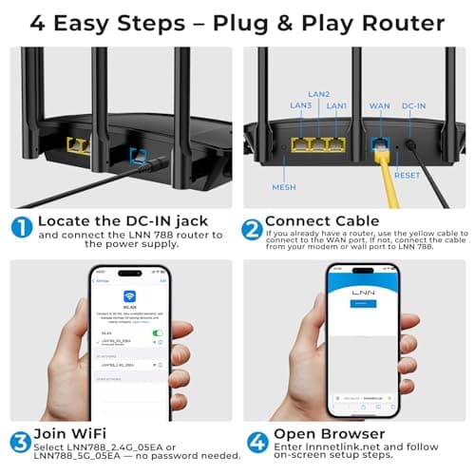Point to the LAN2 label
pos(318,94)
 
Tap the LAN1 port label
pos(336,105)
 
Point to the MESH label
pos(284,187)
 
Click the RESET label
pos(406,175)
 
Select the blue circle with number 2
pos(251,226)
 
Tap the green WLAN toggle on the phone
pos(158,332)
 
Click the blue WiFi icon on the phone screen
pos(129,295)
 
